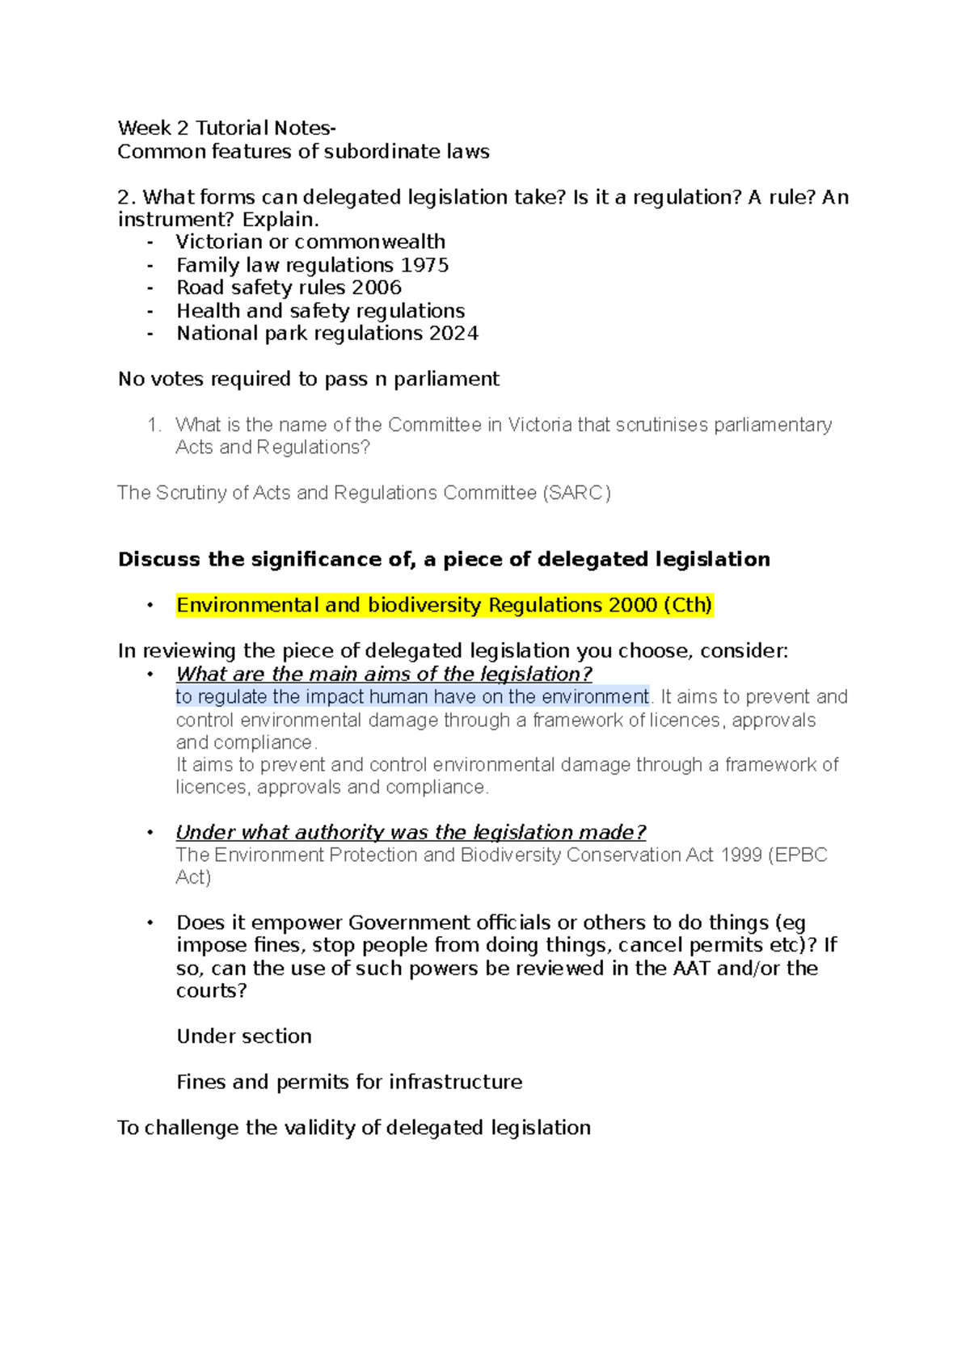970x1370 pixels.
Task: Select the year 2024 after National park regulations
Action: coord(453,334)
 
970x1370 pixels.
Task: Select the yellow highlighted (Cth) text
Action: coord(687,605)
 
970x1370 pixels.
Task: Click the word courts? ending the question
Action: coord(211,990)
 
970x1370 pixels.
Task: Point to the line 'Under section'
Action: coord(243,1036)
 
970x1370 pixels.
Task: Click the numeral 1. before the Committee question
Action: coord(155,425)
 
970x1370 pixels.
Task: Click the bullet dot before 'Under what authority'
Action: coord(150,832)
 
